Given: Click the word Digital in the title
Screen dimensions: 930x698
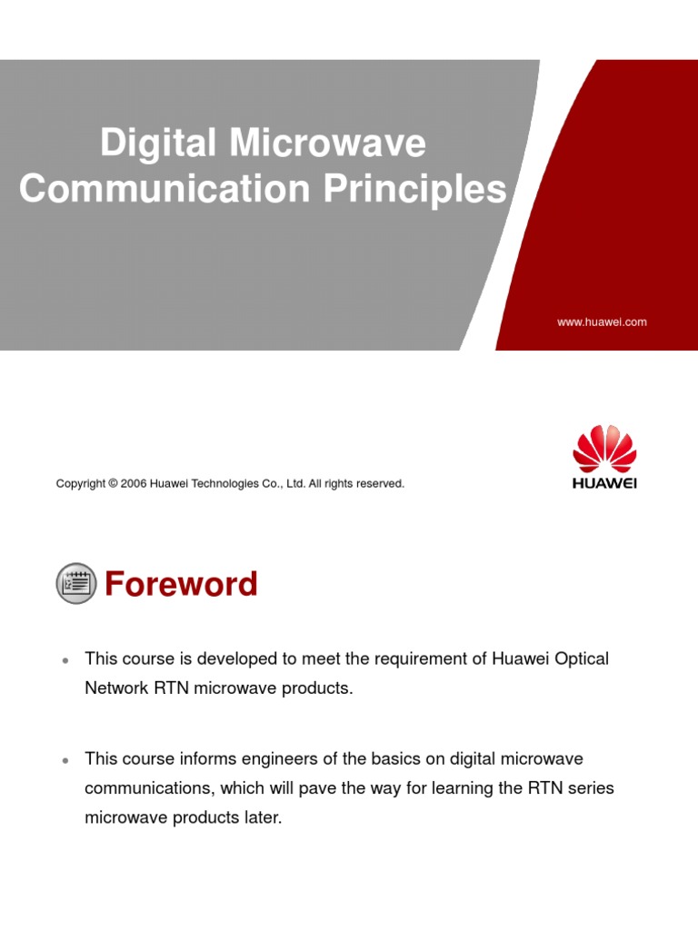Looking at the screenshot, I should tap(158, 143).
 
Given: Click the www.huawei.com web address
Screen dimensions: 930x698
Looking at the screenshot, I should tap(602, 322).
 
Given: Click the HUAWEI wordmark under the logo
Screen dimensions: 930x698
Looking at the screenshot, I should tap(604, 483).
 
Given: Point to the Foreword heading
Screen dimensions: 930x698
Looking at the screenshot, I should tap(181, 584).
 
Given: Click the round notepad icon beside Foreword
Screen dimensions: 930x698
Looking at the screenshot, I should tap(76, 584).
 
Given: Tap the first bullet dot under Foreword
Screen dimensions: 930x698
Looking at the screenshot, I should tap(65, 660).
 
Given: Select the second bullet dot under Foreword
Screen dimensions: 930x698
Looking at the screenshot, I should tap(65, 760).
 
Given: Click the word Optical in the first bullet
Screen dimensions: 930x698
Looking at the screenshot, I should tap(582, 658).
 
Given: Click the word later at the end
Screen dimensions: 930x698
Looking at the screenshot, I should tap(264, 817).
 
